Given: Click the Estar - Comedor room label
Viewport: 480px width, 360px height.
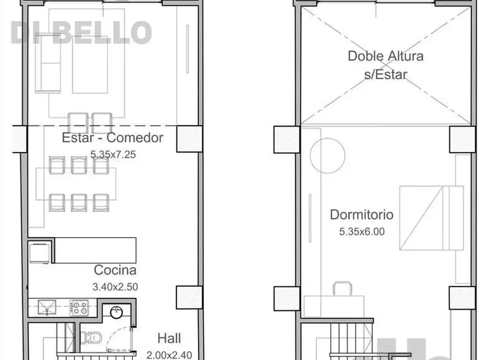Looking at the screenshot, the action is click(x=112, y=138).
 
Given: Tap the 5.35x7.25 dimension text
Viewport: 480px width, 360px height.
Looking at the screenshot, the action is click(x=113, y=154).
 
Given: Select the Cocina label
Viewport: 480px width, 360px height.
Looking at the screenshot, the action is click(x=115, y=270).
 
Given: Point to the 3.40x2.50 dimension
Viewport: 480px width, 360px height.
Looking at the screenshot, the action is click(x=115, y=287).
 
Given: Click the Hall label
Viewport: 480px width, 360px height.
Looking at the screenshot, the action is click(x=169, y=338).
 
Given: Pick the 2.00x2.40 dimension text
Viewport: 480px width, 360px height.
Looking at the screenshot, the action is click(x=169, y=355).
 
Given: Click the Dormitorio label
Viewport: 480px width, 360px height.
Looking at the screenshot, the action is click(x=361, y=215).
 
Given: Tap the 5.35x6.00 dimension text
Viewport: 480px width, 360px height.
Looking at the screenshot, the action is click(x=361, y=232).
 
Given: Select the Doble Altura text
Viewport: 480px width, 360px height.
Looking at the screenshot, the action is click(x=386, y=56).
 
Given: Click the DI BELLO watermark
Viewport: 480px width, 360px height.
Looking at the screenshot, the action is click(x=81, y=32).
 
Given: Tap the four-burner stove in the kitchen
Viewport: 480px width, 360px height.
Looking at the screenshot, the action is click(x=79, y=307).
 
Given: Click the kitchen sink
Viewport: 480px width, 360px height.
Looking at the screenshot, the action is click(x=47, y=307).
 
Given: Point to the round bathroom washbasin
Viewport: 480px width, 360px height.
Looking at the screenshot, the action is click(x=116, y=313).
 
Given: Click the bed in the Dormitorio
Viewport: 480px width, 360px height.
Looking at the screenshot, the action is click(x=431, y=218).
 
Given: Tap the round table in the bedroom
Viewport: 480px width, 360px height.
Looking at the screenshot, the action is click(x=328, y=156).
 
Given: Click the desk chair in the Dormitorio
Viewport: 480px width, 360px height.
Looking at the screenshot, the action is click(x=342, y=288).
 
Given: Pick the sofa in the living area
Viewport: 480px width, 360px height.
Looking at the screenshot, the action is click(x=48, y=63).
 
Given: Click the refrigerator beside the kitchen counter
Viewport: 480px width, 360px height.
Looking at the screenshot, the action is click(x=39, y=253).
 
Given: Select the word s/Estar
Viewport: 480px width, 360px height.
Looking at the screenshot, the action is click(x=386, y=75).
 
